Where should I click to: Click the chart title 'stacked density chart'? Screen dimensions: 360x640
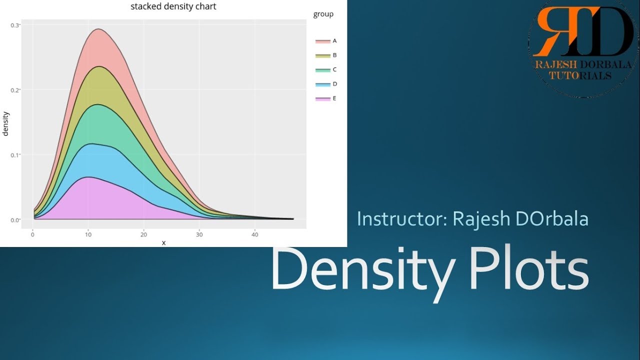tap(173, 6)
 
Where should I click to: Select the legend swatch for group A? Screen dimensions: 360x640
tap(322, 41)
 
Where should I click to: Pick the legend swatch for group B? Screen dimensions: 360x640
tap(322, 55)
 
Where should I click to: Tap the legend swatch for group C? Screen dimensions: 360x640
tap(322, 70)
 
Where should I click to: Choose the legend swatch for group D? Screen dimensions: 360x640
tap(322, 84)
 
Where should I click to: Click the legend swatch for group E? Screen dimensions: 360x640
tap(322, 98)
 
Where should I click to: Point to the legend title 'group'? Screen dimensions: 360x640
tap(323, 14)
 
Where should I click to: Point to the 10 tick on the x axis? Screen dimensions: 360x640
tap(88, 234)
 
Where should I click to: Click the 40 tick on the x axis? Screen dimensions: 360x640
tap(254, 234)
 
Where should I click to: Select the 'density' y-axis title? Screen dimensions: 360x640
tap(6, 123)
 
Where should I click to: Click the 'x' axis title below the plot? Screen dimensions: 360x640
tap(163, 242)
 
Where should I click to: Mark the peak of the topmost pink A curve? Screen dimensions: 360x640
tap(98, 29)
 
